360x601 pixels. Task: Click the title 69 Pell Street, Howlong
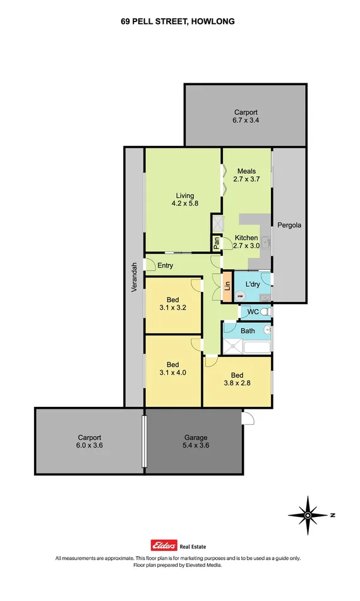coord(178,21)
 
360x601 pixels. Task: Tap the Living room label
coord(183,200)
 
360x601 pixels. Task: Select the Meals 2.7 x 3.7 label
coord(246,175)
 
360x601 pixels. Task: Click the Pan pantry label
coord(215,243)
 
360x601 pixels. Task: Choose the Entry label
coord(165,265)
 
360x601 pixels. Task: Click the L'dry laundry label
coord(253,283)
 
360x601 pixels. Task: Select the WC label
coord(252,312)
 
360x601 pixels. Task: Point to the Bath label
coord(248,331)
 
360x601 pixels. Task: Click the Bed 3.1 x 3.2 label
coord(172,303)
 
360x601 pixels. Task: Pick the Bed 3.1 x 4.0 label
coord(172,368)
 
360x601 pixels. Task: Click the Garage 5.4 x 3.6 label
coord(195,441)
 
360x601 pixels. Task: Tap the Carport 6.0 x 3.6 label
coord(89,441)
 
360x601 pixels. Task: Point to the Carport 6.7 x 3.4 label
coord(245,116)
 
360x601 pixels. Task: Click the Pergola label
coord(291,225)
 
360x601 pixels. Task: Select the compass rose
coord(308,515)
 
